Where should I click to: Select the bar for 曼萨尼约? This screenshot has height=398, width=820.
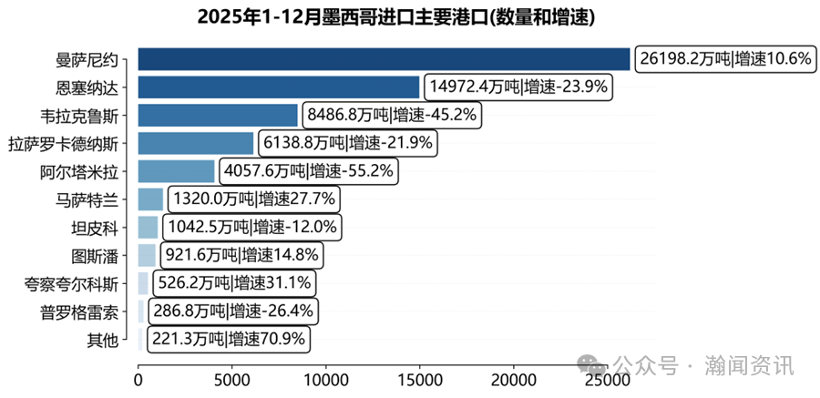[x=384, y=59]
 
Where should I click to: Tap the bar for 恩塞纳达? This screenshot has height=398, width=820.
[x=279, y=87]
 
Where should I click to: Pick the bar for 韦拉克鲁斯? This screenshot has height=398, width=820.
[x=219, y=115]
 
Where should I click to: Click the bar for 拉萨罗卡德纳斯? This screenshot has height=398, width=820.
[x=196, y=143]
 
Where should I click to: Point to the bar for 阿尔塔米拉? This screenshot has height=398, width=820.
[x=177, y=171]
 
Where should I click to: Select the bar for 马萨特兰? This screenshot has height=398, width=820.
[x=151, y=199]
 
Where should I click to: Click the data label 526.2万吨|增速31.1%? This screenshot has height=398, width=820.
[x=238, y=283]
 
